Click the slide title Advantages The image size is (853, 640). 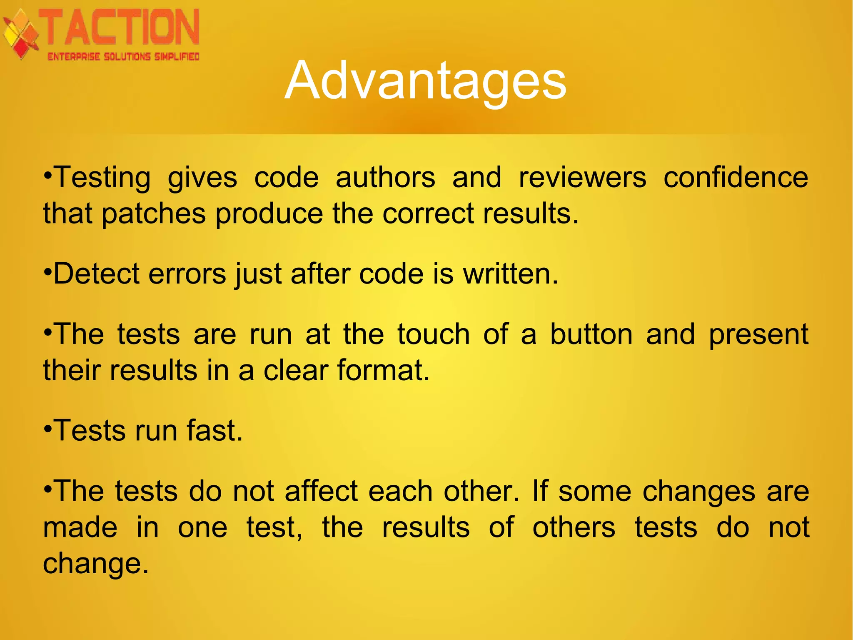[x=425, y=80]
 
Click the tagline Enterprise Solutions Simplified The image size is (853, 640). [x=124, y=57]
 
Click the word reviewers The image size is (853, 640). [x=582, y=178]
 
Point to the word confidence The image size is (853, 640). [x=736, y=178]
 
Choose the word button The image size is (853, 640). [x=591, y=334]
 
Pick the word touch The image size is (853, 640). [x=433, y=334]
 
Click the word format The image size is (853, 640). [x=383, y=370]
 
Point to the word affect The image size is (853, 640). [x=321, y=491]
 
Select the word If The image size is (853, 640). [x=540, y=491]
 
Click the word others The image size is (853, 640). [x=574, y=527]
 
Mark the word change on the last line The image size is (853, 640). [x=95, y=564]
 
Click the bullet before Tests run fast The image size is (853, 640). [x=48, y=428]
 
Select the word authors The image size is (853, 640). [x=385, y=178]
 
